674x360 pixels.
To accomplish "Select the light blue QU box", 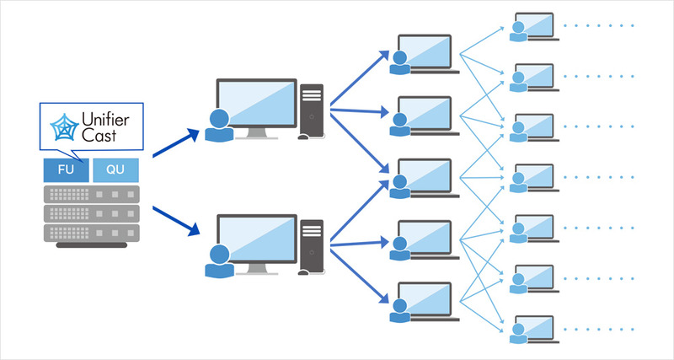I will (115, 169).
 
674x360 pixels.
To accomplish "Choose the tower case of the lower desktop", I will (311, 247).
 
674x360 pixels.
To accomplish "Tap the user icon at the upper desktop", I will (218, 126).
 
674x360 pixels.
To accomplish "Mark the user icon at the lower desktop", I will (218, 262).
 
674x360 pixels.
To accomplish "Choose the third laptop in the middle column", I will (425, 177).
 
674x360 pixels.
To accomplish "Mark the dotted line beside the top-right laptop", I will (598, 26).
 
